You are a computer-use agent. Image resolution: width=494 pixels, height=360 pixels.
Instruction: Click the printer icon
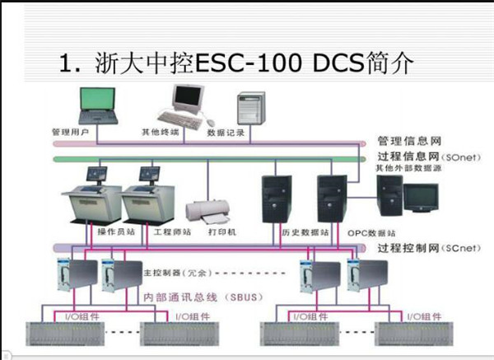pyautogui.click(x=206, y=213)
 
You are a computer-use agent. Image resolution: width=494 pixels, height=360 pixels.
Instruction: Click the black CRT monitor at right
pyautogui.click(x=421, y=196)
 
